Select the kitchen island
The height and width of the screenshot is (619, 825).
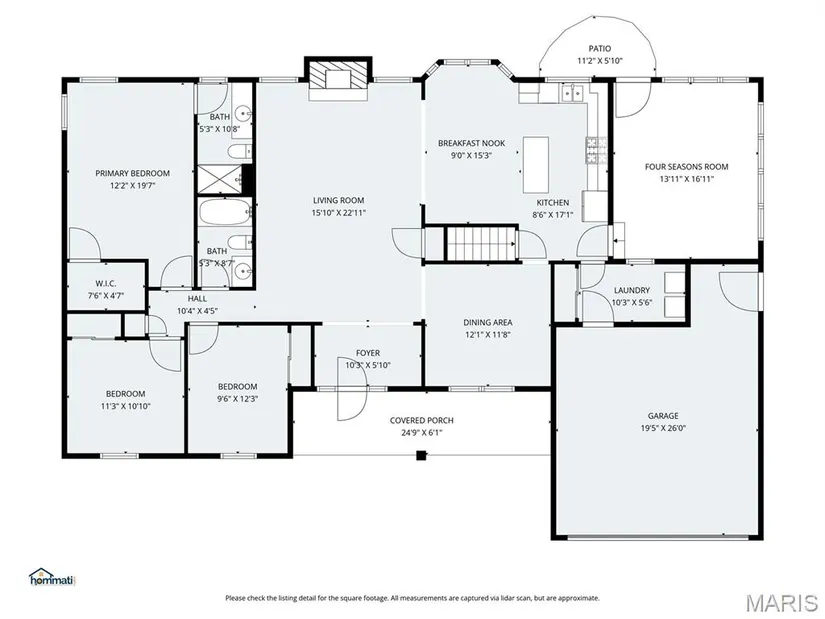(x=536, y=164)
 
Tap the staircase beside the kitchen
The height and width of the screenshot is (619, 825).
(x=481, y=244)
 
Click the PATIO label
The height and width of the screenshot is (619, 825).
(x=600, y=48)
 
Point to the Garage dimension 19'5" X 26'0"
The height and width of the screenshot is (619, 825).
(x=663, y=428)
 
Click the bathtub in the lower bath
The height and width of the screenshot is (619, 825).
(x=225, y=213)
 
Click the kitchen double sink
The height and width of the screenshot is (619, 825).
(x=572, y=94)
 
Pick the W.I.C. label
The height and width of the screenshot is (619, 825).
(x=106, y=284)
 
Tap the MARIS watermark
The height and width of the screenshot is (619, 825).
(x=781, y=602)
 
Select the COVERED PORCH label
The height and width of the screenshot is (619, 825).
(x=421, y=420)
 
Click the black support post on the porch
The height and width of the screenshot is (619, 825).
(x=421, y=455)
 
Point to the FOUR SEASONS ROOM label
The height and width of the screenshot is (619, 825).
(x=687, y=167)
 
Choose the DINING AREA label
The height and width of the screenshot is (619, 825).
(x=488, y=322)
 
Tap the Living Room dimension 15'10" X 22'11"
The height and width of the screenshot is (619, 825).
(x=338, y=213)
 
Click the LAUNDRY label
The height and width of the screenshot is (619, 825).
(x=632, y=290)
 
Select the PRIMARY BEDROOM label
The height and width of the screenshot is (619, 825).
(x=133, y=173)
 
